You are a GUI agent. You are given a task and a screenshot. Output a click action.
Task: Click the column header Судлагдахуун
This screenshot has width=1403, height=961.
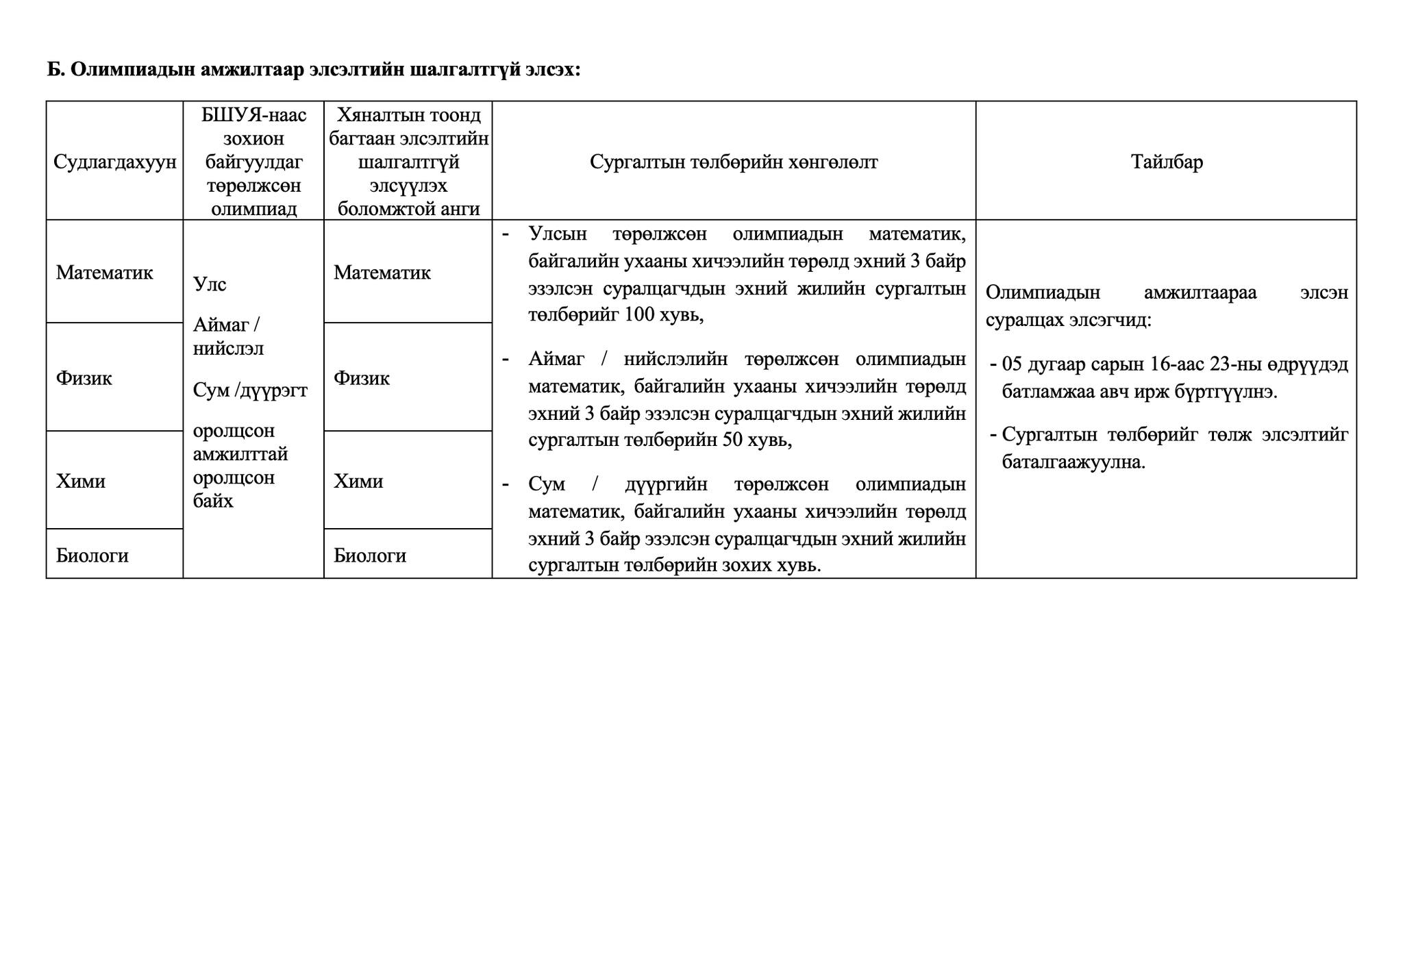[x=114, y=162]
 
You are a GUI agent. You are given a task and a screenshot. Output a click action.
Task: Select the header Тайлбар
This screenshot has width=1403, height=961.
[x=1166, y=162]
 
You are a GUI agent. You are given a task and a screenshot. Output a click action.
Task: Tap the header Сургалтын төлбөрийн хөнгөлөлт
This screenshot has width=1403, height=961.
[x=733, y=162]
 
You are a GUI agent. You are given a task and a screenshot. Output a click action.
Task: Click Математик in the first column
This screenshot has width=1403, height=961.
[x=104, y=273]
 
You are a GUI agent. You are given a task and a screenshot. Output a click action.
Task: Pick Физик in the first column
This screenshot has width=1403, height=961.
[x=84, y=378]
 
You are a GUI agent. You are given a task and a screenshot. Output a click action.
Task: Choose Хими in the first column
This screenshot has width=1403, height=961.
[x=80, y=482]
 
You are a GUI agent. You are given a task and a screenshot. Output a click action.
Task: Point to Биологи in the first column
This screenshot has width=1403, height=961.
[x=92, y=556]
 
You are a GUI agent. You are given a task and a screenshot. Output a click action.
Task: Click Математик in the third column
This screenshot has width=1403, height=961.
[x=382, y=273]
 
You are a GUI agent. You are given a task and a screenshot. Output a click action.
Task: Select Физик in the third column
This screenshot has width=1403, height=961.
[x=361, y=378]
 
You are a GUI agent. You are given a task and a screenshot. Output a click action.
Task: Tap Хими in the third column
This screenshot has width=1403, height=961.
[x=358, y=482]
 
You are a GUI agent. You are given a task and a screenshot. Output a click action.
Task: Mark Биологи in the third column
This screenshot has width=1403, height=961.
[x=369, y=556]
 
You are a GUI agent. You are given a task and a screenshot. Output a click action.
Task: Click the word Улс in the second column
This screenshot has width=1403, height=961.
[x=209, y=284]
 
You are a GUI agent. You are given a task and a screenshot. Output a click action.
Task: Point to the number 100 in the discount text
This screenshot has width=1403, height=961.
[x=640, y=315]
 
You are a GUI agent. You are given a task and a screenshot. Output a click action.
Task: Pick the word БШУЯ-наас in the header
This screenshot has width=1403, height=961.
[x=253, y=115]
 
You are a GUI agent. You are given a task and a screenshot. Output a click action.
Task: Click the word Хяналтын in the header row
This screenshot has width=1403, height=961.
[x=375, y=115]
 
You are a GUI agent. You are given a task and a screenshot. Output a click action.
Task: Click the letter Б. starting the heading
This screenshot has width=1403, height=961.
[x=55, y=70]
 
